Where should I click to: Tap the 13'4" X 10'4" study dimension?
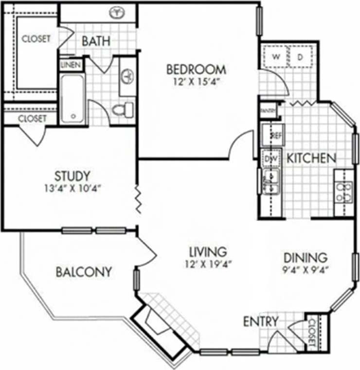[x=72, y=187]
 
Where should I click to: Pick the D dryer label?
[x=300, y=57]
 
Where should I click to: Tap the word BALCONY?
[x=83, y=271]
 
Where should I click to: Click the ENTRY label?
[x=261, y=321]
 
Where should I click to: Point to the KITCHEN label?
[x=310, y=158]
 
